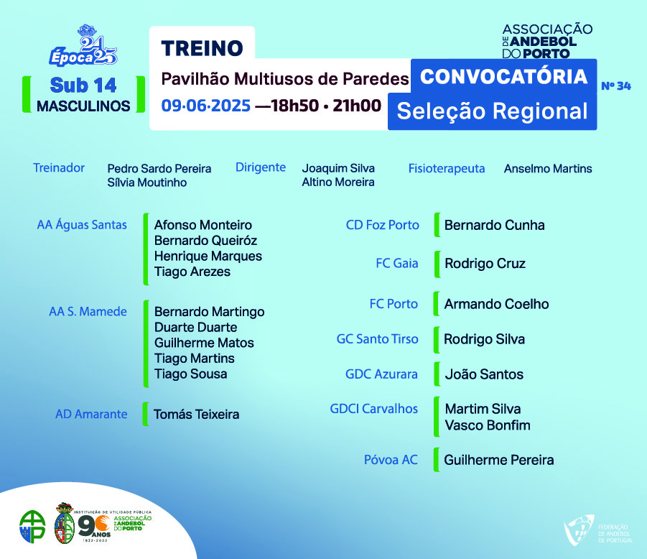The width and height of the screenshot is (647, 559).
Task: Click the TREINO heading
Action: click(203, 48)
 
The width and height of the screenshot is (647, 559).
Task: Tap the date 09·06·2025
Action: click(206, 106)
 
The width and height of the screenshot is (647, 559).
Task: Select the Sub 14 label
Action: click(83, 86)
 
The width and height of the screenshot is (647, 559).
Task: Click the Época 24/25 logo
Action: click(83, 46)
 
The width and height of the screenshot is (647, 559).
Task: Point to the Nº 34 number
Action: click(616, 86)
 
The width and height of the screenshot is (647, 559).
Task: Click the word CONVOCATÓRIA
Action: click(504, 77)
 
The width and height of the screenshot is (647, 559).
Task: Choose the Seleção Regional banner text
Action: click(493, 111)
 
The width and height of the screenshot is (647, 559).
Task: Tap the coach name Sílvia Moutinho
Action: click(147, 183)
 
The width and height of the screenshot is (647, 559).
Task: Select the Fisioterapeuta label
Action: click(447, 168)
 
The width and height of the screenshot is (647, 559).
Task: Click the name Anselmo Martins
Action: click(548, 168)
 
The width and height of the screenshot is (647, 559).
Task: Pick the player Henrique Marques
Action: click(208, 256)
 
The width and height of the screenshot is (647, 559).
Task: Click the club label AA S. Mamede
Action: click(88, 311)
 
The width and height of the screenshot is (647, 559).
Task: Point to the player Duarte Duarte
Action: click(195, 327)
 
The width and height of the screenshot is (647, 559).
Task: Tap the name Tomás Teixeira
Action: click(197, 414)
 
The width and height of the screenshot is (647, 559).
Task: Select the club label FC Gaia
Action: click(397, 263)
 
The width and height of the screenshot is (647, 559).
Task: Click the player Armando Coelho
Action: click(496, 304)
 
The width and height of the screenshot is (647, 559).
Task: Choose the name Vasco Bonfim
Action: click(488, 425)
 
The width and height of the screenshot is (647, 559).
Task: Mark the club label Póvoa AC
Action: click(391, 460)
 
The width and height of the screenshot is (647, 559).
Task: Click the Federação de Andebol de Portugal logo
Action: click(598, 530)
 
